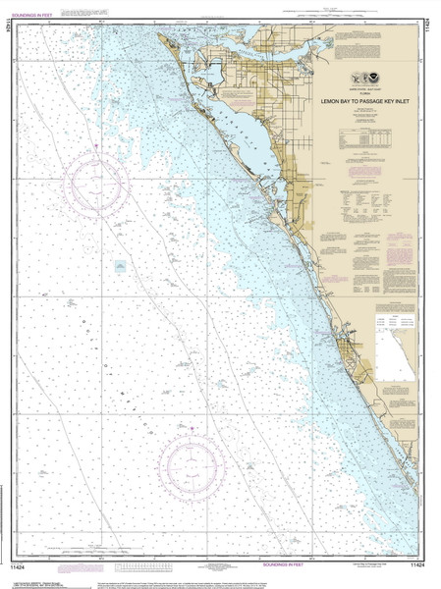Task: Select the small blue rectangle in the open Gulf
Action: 120,266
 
